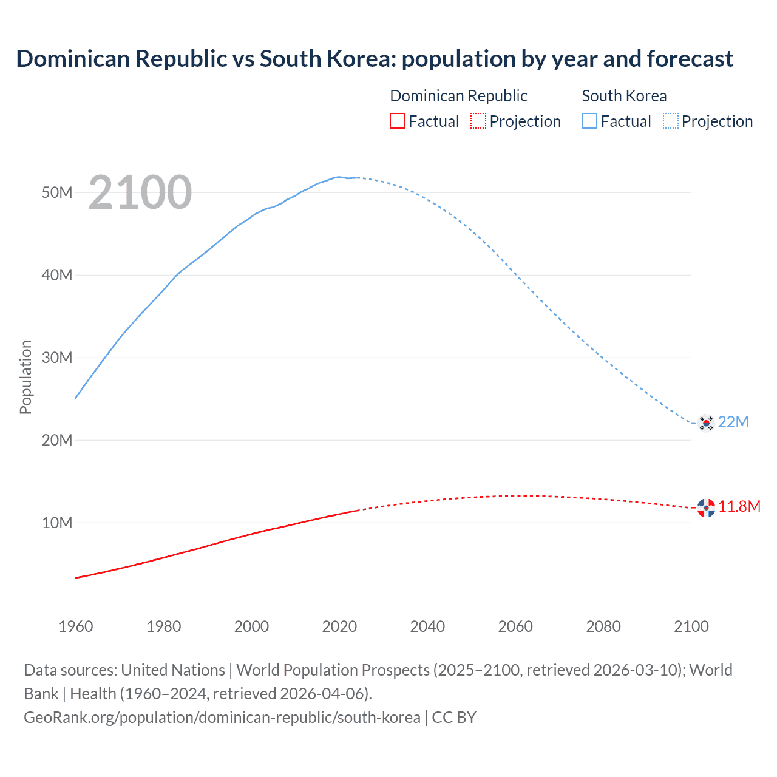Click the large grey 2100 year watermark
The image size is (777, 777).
[140, 192]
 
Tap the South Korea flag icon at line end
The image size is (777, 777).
[705, 422]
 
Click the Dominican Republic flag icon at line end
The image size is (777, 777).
[705, 507]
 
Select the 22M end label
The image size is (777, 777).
[733, 422]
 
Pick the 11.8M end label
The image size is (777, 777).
[739, 507]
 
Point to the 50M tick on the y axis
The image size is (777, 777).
[57, 193]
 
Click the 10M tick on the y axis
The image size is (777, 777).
[57, 523]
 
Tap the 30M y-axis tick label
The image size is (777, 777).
[57, 358]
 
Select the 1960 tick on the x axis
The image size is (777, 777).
[76, 626]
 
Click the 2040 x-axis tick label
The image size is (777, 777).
[427, 626]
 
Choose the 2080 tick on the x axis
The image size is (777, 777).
[603, 626]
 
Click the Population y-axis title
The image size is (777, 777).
[25, 377]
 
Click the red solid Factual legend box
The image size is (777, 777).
[398, 121]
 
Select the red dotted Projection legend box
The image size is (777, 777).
[478, 121]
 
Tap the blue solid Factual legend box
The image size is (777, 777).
[589, 121]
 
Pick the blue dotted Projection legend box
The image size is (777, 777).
[671, 121]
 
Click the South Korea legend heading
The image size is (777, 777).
[624, 96]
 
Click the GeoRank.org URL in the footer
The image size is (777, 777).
[222, 718]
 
